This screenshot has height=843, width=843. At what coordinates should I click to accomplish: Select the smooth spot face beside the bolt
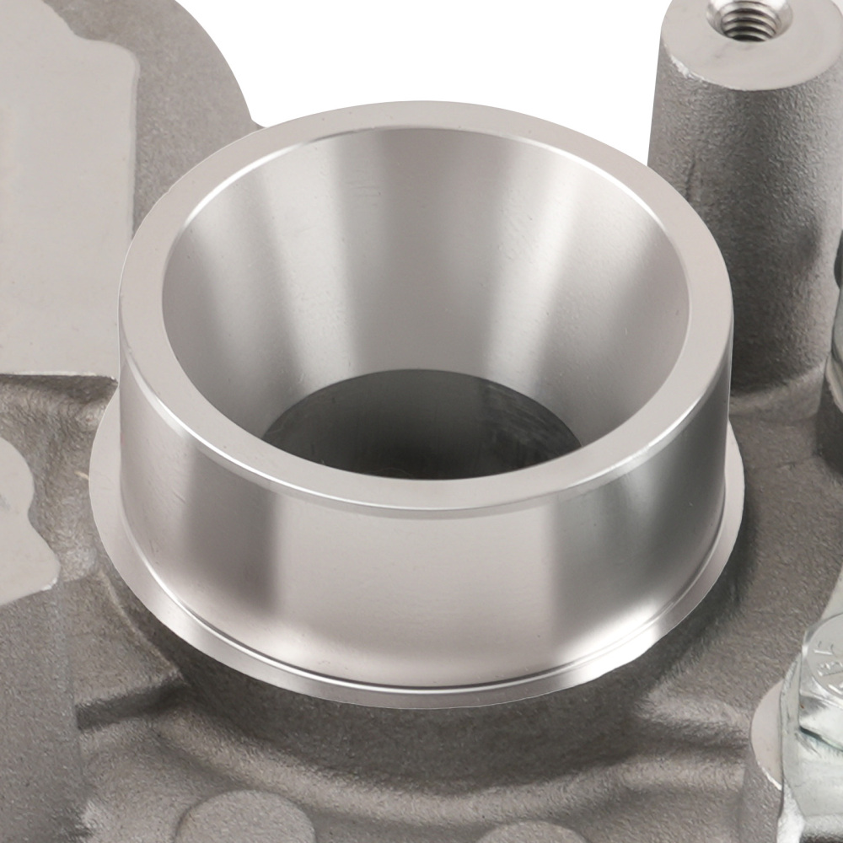pos(771,742)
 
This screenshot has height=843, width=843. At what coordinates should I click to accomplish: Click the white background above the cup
pos(421,42)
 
